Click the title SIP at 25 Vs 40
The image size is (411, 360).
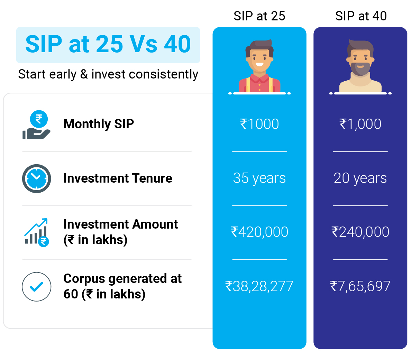[108, 44]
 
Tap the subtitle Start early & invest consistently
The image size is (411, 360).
[108, 74]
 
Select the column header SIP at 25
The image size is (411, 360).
[259, 16]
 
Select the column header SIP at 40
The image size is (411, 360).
[361, 16]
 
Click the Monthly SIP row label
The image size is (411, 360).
[99, 124]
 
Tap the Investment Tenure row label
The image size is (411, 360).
[118, 178]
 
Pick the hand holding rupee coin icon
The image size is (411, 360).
[36, 125]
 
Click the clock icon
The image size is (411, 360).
[36, 179]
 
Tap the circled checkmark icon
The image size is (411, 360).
[36, 287]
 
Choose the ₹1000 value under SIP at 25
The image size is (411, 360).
[259, 124]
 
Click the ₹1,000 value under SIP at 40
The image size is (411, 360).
[360, 124]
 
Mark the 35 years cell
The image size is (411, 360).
[259, 178]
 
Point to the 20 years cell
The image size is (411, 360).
[360, 178]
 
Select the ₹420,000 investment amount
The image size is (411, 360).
[259, 232]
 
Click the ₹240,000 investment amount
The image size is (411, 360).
[360, 232]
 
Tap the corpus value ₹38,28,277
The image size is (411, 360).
[259, 286]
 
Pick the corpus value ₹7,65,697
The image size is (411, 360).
[360, 286]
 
